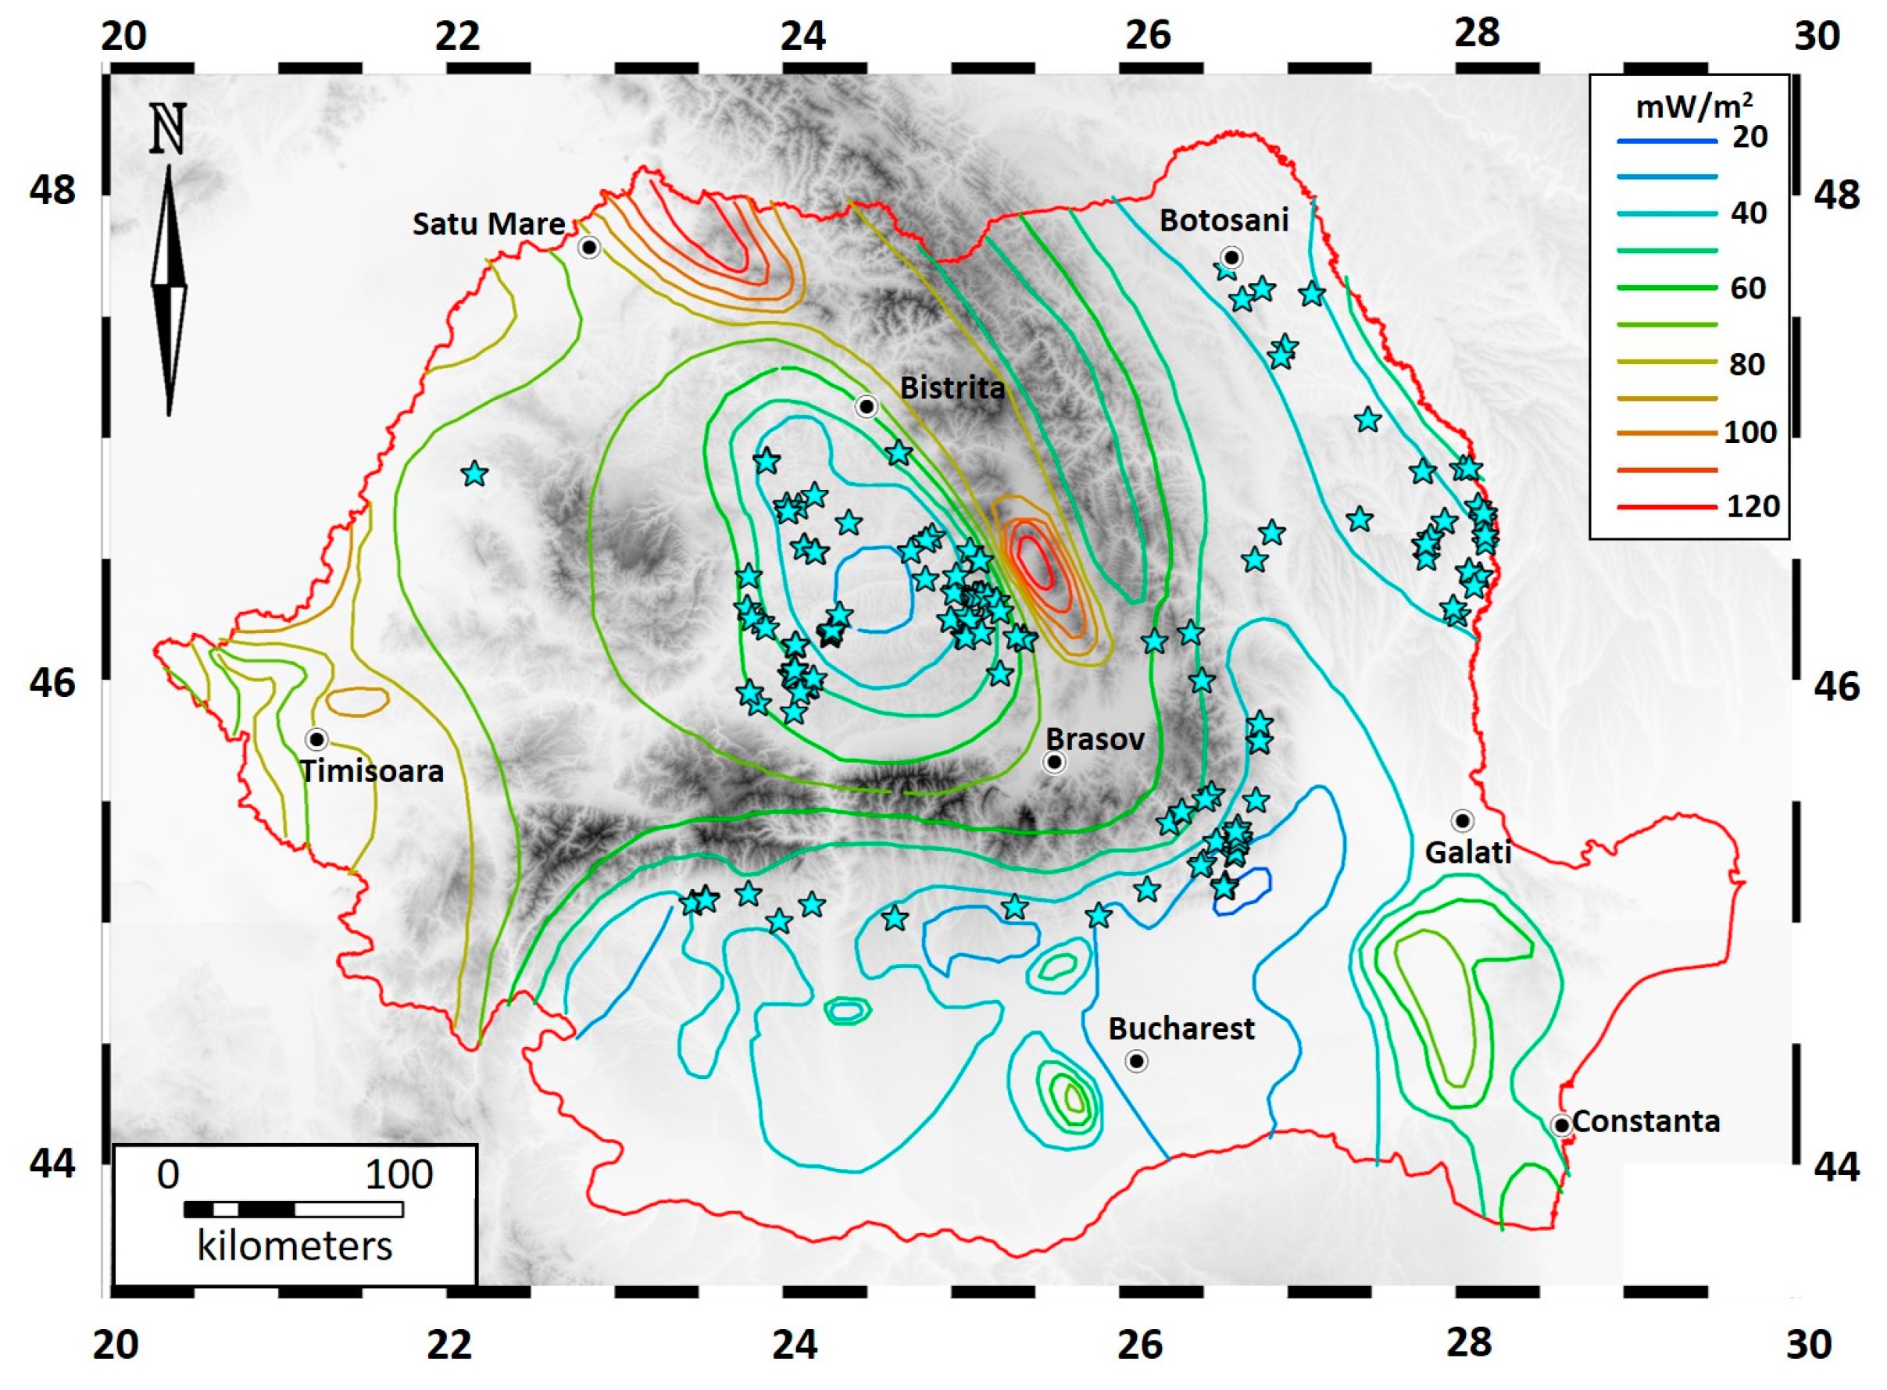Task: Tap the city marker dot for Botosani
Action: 1231,258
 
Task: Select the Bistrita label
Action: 952,388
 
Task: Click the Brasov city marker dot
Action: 1054,763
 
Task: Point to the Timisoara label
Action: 372,771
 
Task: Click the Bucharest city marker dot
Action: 1137,1062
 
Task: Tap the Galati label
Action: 1468,853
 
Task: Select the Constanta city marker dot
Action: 1561,1125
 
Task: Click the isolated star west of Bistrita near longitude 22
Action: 475,473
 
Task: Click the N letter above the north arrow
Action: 167,130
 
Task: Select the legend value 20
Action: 1750,138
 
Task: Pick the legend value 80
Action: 1747,364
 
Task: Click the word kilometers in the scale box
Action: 295,1246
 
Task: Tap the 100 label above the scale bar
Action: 398,1174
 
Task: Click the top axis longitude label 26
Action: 1148,35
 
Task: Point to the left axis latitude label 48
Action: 52,190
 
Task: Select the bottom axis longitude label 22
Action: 449,1345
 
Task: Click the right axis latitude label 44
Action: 1836,1167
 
